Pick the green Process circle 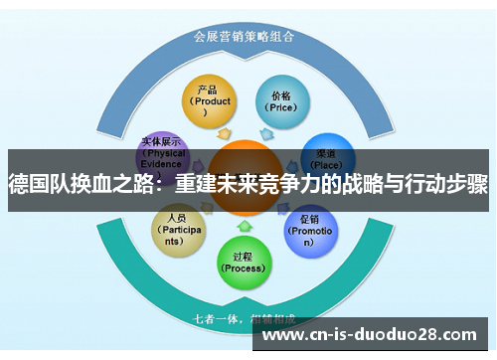point(244,257)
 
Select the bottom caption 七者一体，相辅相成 point(243,319)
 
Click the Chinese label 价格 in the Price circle point(279,95)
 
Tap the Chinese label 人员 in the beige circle point(177,218)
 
